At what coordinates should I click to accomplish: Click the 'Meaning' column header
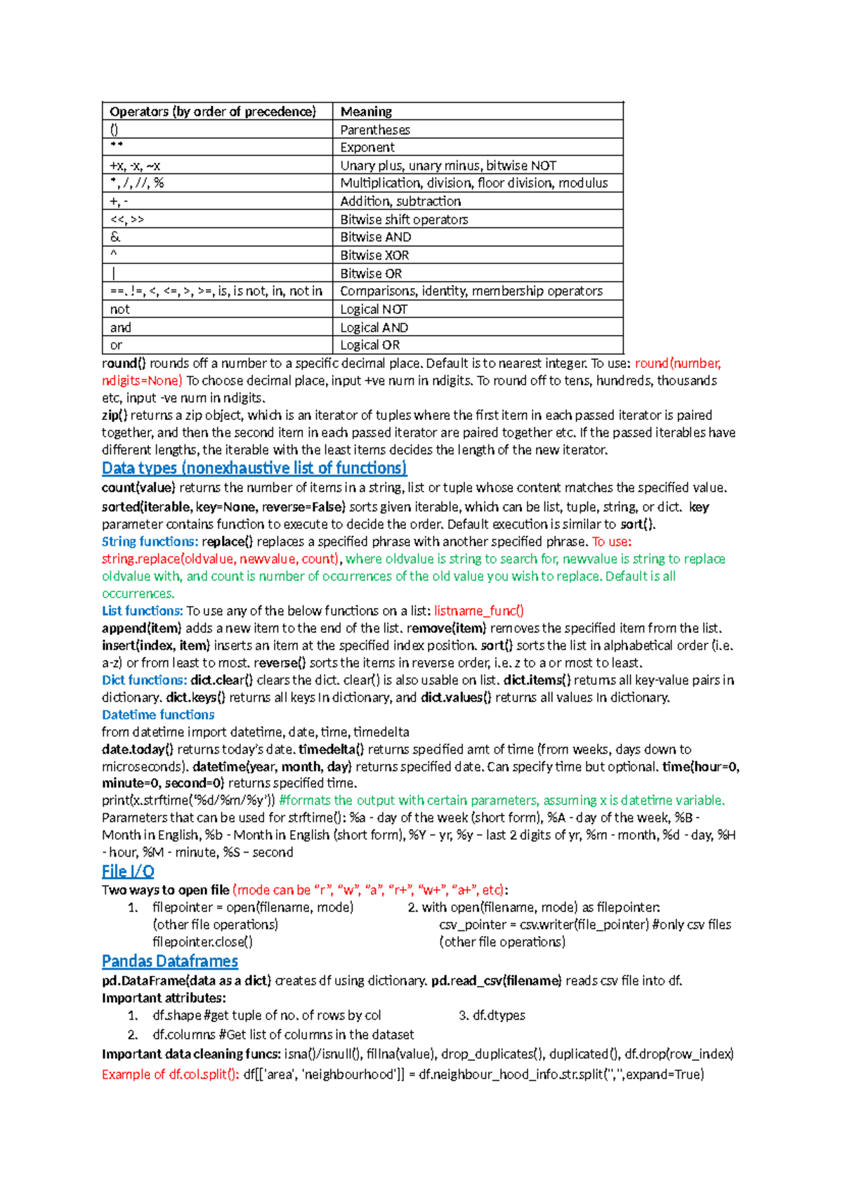(366, 112)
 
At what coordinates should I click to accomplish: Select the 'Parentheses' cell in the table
(375, 130)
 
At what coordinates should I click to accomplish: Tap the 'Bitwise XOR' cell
(374, 256)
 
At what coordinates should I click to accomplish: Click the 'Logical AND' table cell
(374, 328)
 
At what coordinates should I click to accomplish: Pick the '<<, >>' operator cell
(127, 220)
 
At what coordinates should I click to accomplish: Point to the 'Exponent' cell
(367, 147)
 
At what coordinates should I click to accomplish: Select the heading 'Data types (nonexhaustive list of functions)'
(254, 468)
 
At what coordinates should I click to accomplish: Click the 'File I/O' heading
(128, 871)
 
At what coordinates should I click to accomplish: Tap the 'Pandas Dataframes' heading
(170, 961)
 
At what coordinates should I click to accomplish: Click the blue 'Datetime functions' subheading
(158, 715)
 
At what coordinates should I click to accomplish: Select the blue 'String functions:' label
(150, 542)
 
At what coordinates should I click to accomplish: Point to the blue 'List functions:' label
(142, 611)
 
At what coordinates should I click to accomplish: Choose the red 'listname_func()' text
(479, 611)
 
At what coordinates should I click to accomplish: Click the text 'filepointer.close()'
(202, 942)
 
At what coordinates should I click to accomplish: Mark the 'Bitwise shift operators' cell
(404, 220)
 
